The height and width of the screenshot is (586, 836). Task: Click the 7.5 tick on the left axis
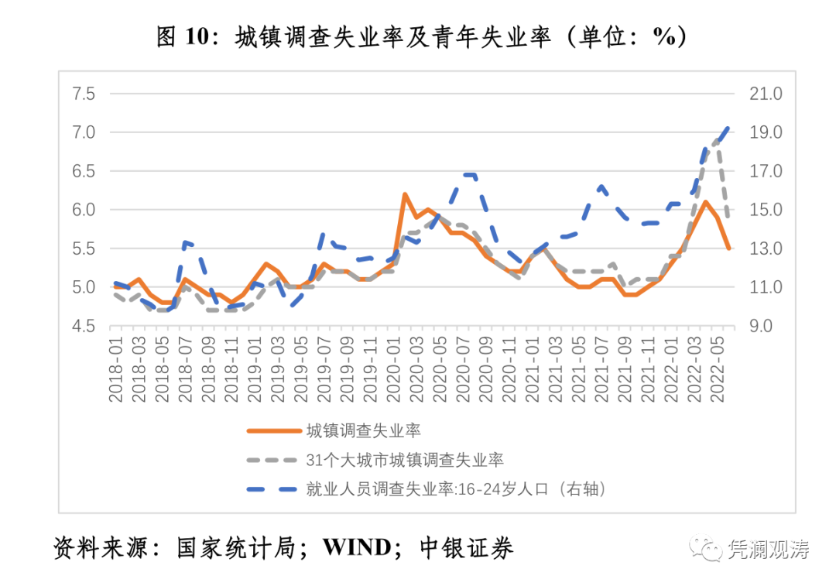pyautogui.click(x=83, y=94)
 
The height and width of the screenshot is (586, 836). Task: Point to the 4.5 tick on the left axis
pyautogui.click(x=83, y=326)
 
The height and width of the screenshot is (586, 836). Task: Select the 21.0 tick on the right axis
pyautogui.click(x=766, y=94)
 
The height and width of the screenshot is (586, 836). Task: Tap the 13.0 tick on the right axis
pyautogui.click(x=766, y=248)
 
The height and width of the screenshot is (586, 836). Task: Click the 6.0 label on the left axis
pyautogui.click(x=83, y=210)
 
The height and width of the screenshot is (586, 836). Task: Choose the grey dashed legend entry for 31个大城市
pyautogui.click(x=404, y=460)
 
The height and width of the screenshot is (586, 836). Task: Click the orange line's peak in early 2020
pyautogui.click(x=405, y=194)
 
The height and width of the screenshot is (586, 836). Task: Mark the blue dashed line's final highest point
pyautogui.click(x=728, y=127)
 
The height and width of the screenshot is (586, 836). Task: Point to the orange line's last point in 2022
pyautogui.click(x=728, y=248)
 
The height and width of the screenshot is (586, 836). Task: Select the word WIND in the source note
pyautogui.click(x=357, y=548)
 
